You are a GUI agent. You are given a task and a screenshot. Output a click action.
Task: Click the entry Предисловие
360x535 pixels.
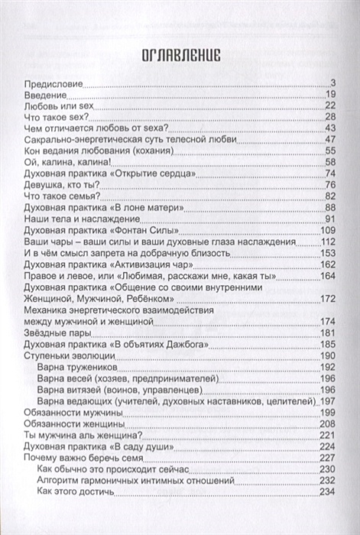pyautogui.click(x=53, y=83)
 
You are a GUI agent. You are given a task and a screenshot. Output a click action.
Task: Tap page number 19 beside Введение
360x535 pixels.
pyautogui.click(x=331, y=94)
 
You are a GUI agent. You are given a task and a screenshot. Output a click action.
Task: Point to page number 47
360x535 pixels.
pyautogui.click(x=331, y=139)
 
